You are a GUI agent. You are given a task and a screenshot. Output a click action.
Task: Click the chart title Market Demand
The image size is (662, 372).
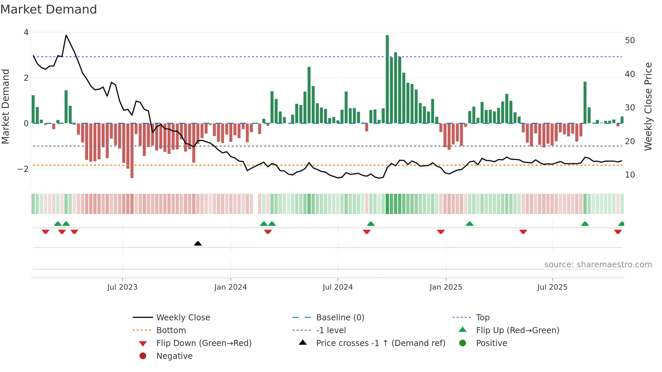point(49,9)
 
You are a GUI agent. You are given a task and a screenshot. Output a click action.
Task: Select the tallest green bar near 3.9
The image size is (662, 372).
point(387,79)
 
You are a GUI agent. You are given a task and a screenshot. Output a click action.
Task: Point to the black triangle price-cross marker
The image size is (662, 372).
point(198,243)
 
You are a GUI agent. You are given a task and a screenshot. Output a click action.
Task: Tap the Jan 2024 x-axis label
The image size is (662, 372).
point(231,287)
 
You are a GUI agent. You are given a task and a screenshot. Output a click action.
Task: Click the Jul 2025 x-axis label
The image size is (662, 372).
point(552,287)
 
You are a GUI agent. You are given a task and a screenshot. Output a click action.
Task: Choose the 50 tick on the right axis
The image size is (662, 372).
point(630,41)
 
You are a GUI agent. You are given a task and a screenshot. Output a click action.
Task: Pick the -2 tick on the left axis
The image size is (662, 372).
point(23,169)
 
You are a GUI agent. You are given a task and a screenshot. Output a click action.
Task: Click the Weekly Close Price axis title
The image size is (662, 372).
point(648,106)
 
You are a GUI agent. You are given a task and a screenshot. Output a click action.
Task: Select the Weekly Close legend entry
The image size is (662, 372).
point(183,318)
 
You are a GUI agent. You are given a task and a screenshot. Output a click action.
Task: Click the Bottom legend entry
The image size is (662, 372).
point(171,330)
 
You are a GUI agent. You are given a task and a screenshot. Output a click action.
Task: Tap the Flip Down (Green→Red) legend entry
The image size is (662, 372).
point(204,343)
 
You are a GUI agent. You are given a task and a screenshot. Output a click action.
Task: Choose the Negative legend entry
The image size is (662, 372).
point(174,356)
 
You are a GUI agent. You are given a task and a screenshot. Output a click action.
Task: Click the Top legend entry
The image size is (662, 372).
point(483,318)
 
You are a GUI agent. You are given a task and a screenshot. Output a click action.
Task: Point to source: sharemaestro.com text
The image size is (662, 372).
point(598,265)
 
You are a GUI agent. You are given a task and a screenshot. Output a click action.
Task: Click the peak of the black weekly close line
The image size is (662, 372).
point(66,35)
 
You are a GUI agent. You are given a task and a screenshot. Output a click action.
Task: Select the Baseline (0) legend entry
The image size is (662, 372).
point(340,318)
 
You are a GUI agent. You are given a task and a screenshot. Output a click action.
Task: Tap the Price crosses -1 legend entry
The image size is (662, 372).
point(380,343)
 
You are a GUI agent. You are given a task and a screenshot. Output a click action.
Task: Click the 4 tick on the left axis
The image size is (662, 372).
point(26,32)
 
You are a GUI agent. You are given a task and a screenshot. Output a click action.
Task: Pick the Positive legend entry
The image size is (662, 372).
point(491,343)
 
